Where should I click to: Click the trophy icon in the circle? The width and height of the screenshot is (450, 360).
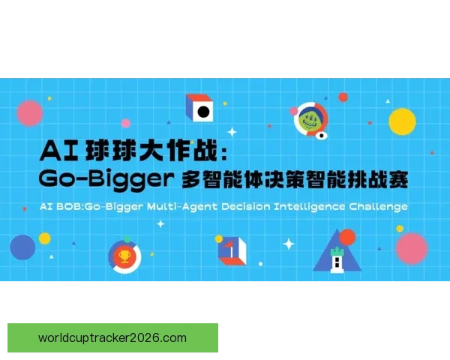pos(124,256)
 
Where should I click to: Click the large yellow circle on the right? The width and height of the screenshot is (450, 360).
pos(402,120)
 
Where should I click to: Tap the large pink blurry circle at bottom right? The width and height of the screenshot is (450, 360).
pos(411,248)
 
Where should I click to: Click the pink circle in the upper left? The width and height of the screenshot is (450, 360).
pos(30,113)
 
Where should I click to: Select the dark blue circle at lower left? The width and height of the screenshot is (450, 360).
pos(22,247)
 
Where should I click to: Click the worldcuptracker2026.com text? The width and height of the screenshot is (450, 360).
pos(112,337)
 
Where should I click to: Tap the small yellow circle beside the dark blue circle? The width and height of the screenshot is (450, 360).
pos(44,238)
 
